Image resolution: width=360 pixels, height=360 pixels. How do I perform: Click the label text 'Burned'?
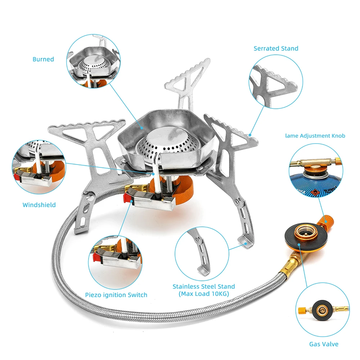click(43, 59)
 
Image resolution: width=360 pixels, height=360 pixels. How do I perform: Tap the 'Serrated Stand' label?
click(276, 48)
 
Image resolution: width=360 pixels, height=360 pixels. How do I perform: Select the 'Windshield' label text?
click(39, 205)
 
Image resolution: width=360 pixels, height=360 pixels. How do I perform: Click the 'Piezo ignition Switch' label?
click(116, 295)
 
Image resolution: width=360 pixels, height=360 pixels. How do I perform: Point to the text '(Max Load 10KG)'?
click(203, 294)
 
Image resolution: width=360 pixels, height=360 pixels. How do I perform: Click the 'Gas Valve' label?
click(324, 344)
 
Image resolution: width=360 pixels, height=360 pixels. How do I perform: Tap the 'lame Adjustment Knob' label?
click(315, 136)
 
